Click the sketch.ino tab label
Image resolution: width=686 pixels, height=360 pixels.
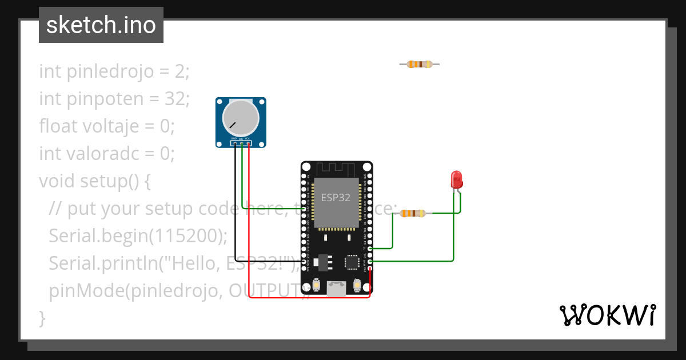101,25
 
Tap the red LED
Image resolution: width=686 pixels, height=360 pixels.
456,180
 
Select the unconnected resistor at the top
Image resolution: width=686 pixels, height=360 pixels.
419,65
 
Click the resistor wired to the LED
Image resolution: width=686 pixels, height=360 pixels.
412,214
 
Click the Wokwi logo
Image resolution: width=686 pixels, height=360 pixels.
607,315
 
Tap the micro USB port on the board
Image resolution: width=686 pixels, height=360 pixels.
336,289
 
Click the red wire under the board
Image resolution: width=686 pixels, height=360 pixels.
309,298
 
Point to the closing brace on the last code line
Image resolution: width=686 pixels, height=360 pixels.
42,318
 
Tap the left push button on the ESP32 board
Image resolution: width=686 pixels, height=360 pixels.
316,285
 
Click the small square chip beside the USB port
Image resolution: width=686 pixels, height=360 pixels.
352,262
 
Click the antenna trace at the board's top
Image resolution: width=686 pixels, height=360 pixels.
336,169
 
